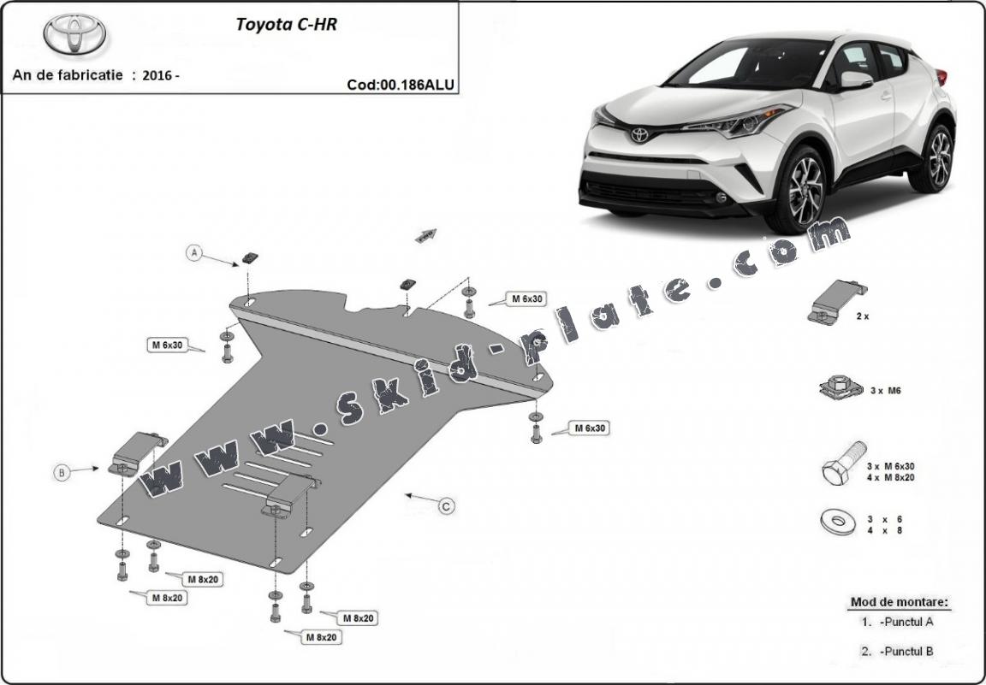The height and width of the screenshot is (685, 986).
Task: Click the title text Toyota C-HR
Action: click(286, 25)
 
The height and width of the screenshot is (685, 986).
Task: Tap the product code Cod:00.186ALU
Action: click(401, 85)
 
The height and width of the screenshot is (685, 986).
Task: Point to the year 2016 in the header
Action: click(158, 74)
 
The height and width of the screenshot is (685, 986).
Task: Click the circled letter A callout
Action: click(195, 252)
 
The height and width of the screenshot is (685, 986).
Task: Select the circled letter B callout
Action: click(62, 472)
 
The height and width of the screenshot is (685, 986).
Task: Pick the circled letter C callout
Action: click(447, 506)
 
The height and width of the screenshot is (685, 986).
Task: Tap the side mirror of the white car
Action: click(855, 80)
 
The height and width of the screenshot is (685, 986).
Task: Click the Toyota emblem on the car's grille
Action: click(639, 135)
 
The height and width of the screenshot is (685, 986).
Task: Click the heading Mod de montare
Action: click(899, 602)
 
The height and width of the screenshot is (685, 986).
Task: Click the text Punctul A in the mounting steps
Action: click(906, 623)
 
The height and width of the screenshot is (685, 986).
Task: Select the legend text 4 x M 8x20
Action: click(890, 477)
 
